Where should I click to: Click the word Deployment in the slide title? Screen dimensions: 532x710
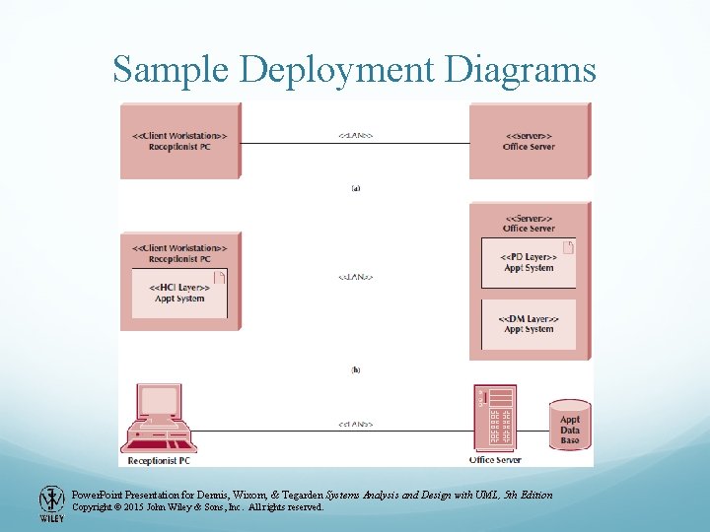[363, 71]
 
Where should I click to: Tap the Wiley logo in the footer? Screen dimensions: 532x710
[51, 503]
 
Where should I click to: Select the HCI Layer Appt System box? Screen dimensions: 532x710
[178, 293]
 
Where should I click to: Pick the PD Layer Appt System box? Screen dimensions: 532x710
[529, 262]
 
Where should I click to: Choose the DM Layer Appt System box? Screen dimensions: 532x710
[529, 324]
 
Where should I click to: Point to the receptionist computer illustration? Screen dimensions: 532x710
[157, 419]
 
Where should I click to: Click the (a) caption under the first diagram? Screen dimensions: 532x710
[356, 188]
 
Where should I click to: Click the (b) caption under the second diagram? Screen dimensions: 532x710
[356, 370]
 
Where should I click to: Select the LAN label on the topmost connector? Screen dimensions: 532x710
[356, 135]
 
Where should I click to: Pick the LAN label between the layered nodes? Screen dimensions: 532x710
[356, 278]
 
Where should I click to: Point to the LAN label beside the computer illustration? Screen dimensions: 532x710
[356, 425]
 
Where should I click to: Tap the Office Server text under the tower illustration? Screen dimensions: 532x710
[495, 460]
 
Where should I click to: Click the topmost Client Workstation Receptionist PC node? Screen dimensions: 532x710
[179, 140]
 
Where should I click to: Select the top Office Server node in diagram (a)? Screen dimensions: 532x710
[530, 140]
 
